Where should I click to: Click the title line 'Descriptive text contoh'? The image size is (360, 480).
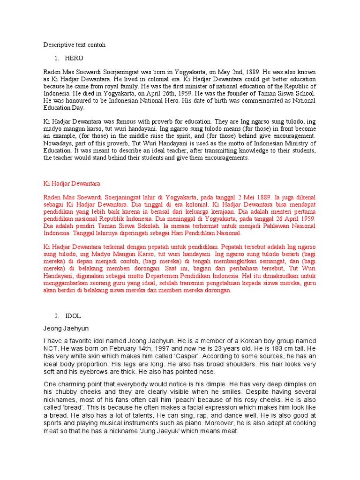pyautogui.click(x=75, y=45)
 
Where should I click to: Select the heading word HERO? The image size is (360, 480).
pyautogui.click(x=74, y=59)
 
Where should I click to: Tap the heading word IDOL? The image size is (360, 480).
pyautogui.click(x=73, y=316)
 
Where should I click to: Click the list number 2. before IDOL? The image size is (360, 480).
pyautogui.click(x=57, y=316)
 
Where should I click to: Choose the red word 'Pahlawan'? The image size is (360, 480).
pyautogui.click(x=268, y=225)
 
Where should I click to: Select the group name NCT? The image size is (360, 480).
pyautogui.click(x=51, y=349)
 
